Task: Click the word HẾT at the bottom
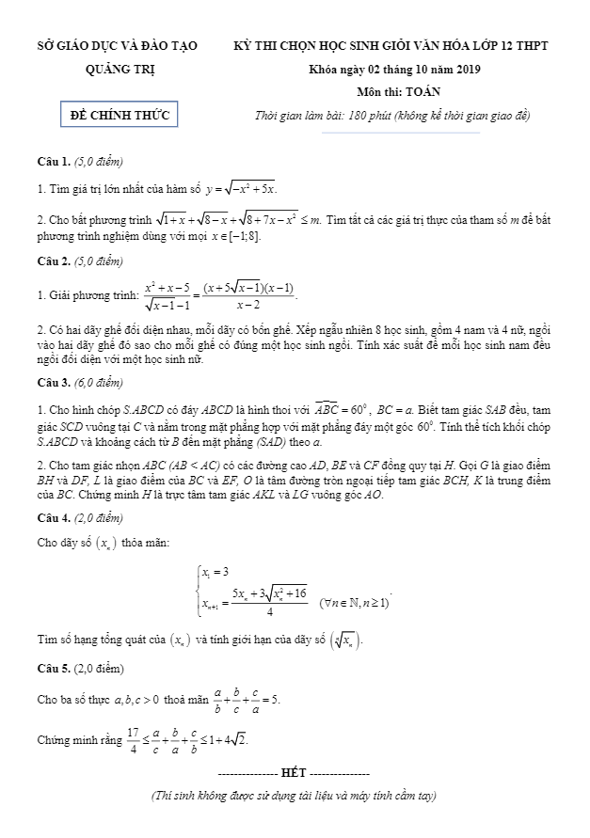[294, 771]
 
